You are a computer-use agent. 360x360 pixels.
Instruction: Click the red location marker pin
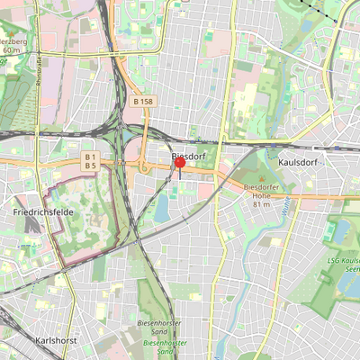tap(179, 163)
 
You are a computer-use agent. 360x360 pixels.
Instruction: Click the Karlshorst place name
tap(57, 341)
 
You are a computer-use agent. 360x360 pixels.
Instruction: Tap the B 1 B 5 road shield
tap(90, 161)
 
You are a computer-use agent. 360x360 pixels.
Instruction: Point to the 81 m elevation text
tap(262, 204)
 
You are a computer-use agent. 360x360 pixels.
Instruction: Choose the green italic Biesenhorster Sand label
tap(164, 343)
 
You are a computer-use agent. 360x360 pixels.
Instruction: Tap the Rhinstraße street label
tap(40, 68)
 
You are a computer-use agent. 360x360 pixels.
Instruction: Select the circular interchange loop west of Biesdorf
tap(143, 167)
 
